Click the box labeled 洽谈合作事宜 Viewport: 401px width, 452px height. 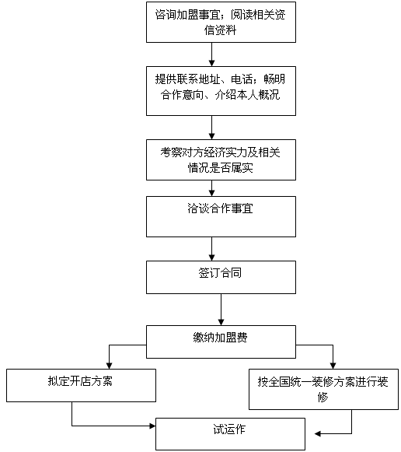tap(221, 216)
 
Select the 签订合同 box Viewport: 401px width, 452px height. tap(221, 277)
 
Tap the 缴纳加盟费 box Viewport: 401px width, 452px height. tap(221, 342)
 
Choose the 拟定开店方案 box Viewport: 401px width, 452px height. tap(81, 385)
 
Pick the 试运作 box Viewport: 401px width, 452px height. tap(230, 434)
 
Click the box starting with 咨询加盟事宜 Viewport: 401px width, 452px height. tap(221, 23)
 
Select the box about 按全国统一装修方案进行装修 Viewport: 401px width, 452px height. tap(323, 389)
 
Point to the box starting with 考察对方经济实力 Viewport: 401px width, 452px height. tap(221, 160)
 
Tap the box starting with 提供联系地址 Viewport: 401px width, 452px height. tap(221, 91)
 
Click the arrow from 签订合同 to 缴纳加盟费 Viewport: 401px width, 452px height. tap(221, 310)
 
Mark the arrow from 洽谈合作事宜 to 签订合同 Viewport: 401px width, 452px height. tap(212, 249)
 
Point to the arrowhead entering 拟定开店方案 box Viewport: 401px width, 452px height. tap(109, 366)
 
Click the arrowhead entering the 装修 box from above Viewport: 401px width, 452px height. tap(333, 366)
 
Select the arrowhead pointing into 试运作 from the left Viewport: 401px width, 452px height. tap(152, 426)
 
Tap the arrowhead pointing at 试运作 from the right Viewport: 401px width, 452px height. tap(318, 433)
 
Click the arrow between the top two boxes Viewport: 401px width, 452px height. tap(212, 54)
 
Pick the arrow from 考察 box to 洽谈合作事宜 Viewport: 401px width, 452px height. tap(212, 188)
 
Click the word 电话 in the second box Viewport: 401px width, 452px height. tap(242, 79)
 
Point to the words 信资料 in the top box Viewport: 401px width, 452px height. tap(221, 30)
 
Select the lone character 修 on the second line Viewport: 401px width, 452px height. tap(323, 398)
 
